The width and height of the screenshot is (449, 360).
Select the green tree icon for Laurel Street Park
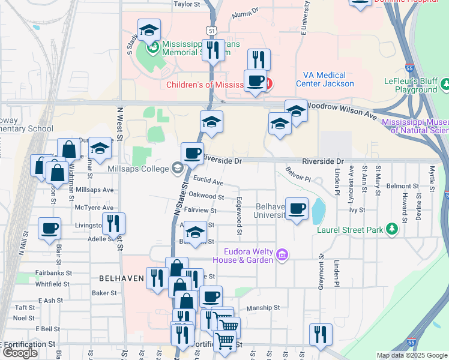pos(392,229)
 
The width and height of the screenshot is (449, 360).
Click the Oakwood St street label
pos(206,196)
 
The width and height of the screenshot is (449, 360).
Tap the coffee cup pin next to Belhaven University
pos(297,209)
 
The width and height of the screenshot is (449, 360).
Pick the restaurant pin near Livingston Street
pos(113,224)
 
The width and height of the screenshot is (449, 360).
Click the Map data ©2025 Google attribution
pos(412,355)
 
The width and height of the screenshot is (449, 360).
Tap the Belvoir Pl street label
pos(298,174)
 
